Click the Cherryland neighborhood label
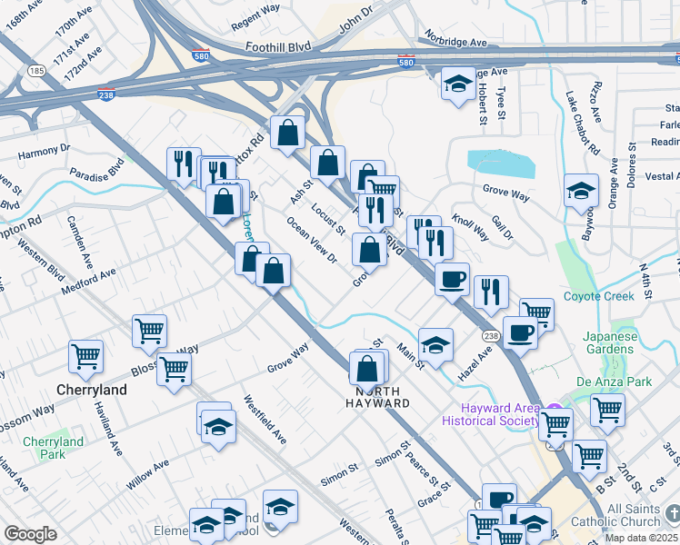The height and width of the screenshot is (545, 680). [x=92, y=389]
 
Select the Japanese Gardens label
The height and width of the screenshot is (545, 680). [x=610, y=342]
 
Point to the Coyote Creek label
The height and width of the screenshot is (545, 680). [x=598, y=296]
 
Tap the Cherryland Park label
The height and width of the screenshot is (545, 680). [x=53, y=448]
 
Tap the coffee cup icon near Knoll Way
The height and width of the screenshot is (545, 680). [x=452, y=279]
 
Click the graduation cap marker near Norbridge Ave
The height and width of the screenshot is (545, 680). [x=456, y=84]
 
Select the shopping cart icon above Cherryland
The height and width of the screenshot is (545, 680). [x=85, y=356]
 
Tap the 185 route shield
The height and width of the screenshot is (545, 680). [x=36, y=70]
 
